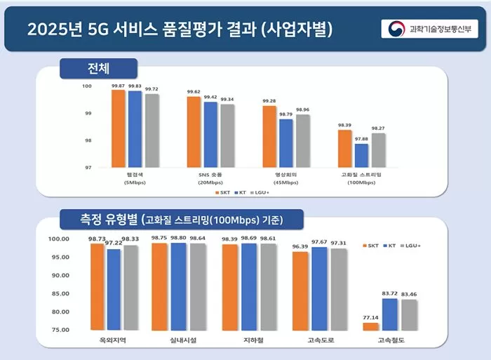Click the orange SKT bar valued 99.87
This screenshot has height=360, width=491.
point(118,128)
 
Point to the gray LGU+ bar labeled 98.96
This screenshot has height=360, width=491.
point(303,141)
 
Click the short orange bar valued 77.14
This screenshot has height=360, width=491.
point(370,326)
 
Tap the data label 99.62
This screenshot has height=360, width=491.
point(193,92)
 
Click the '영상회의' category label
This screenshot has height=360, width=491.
point(287,173)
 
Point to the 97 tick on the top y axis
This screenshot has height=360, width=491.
point(88,168)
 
